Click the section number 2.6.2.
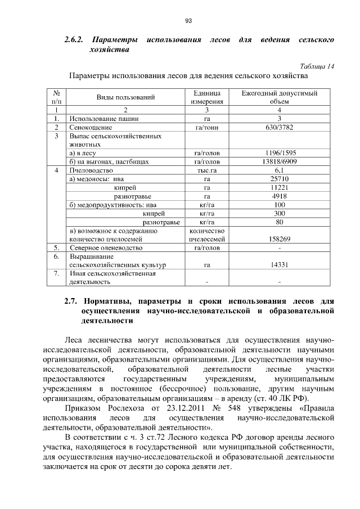74,40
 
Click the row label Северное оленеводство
106,247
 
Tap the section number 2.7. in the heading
74,300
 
